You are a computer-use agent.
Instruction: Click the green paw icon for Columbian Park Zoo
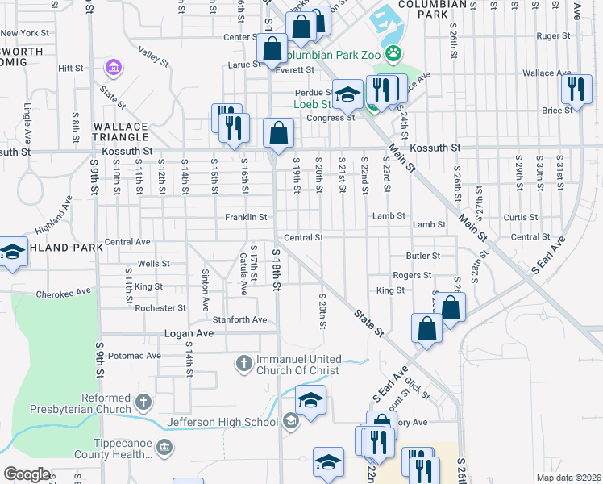tap(393, 55)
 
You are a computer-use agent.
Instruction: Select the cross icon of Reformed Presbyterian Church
tap(143, 401)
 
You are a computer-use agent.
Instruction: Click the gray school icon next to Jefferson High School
tap(290, 420)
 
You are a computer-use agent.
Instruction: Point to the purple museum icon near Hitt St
tap(114, 67)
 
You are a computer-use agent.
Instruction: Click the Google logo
tap(27, 474)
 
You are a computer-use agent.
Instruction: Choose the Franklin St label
tap(245, 217)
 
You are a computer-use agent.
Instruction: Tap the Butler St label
tap(422, 255)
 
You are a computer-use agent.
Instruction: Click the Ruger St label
tap(553, 36)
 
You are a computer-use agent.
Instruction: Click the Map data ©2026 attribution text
tap(568, 478)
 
